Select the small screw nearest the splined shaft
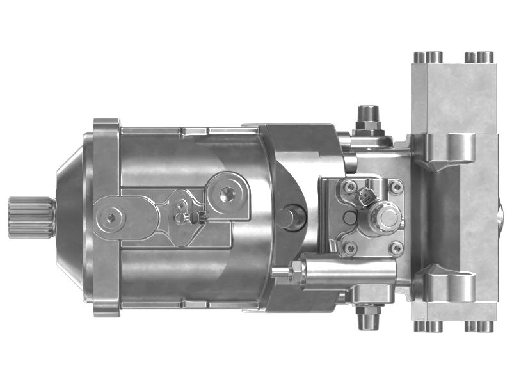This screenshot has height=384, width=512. click(111, 218)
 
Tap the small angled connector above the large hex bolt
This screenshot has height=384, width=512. click(367, 196)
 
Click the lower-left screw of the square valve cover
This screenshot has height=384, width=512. click(349, 247)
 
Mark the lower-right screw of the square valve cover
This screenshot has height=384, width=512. click(396, 247)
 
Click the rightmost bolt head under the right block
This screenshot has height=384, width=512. click(483, 326)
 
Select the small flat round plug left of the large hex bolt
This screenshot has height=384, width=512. click(351, 218)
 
